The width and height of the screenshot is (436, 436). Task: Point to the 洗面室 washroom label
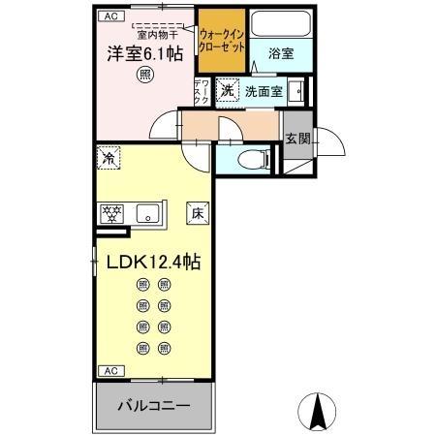tap(264, 92)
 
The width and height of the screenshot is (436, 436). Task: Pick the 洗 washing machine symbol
tap(227, 91)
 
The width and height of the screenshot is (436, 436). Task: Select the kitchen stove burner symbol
tap(111, 214)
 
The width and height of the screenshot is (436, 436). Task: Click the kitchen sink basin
tap(149, 214)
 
